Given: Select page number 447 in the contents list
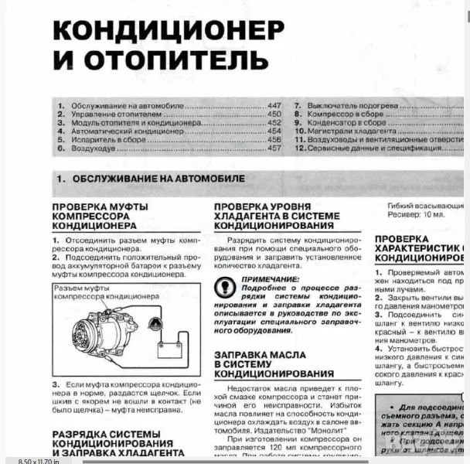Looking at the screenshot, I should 274,105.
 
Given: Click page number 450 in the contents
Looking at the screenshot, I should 274,114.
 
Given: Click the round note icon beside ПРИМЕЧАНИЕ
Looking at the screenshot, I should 226,285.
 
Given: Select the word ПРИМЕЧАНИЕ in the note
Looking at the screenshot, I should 270,278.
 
